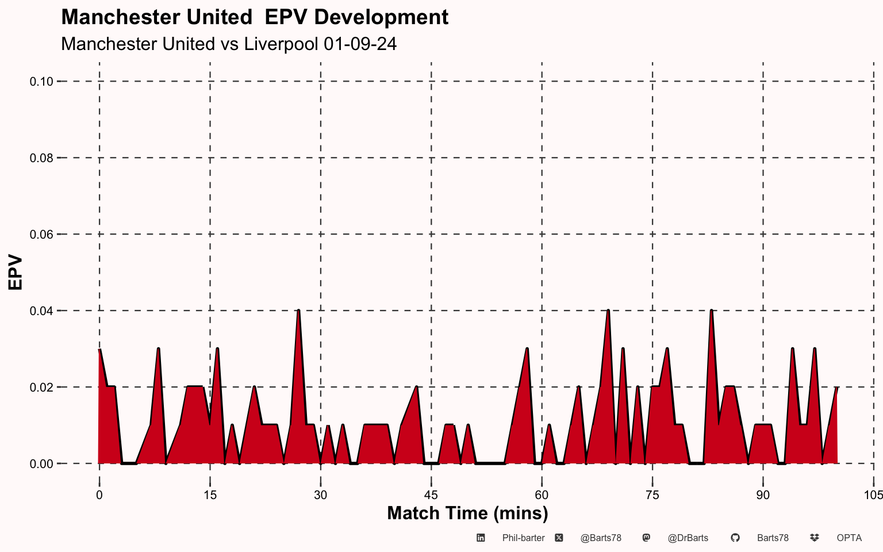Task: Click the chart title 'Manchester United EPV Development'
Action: [x=255, y=17]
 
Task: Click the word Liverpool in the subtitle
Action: [x=281, y=44]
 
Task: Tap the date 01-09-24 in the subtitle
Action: [x=360, y=44]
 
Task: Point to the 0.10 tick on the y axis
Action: [x=41, y=82]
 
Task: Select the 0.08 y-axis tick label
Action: [x=41, y=158]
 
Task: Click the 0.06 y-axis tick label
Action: [x=41, y=235]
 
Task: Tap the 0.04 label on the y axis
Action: [x=41, y=311]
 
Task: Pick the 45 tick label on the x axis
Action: [x=431, y=495]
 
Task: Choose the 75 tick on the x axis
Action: [x=652, y=495]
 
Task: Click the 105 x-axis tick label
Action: [x=874, y=495]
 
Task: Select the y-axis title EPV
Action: [x=16, y=273]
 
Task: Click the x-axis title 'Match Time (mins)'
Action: [x=467, y=513]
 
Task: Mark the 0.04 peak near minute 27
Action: [x=298, y=310]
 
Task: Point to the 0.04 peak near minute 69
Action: [x=608, y=310]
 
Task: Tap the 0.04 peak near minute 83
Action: [x=712, y=310]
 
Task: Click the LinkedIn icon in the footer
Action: [x=481, y=538]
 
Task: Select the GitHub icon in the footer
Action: [x=735, y=538]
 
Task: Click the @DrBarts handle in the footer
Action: [x=688, y=538]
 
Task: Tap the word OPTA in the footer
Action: [x=849, y=538]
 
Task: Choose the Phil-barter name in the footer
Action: [x=524, y=538]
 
